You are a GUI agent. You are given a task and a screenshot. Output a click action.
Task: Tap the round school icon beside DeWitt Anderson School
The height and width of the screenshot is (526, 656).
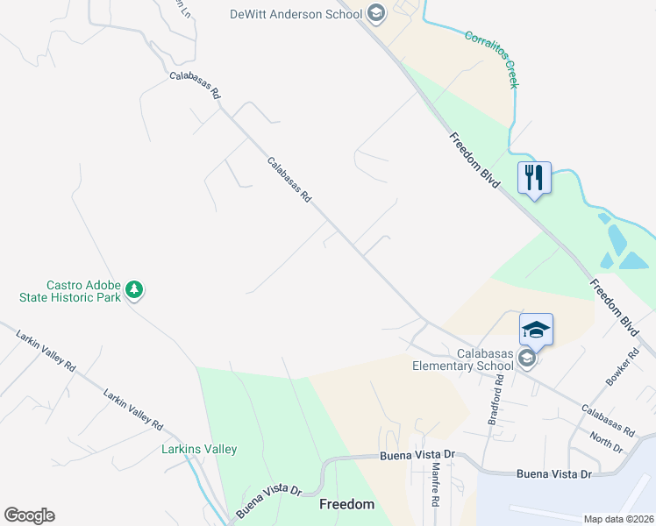pos(375,12)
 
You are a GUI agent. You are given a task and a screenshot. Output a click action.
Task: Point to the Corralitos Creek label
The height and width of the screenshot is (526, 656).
pos(492,60)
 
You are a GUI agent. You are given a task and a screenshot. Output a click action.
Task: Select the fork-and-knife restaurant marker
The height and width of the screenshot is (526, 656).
pos(534,179)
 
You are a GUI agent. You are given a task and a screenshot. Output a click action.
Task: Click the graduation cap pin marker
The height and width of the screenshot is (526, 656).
pos(536,331)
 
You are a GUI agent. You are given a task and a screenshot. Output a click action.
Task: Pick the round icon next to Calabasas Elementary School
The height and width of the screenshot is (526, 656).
pos(526,359)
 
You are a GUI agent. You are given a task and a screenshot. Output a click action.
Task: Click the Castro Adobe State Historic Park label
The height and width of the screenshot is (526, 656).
pos(70,291)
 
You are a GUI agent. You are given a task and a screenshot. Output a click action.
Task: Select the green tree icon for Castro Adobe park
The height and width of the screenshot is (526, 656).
pos(133,288)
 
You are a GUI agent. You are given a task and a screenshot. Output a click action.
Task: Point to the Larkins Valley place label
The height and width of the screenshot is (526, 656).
pos(187,450)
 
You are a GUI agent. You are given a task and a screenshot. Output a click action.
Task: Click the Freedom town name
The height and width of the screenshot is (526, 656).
pos(346,504)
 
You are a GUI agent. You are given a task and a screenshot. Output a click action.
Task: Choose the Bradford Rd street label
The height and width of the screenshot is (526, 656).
pos(496,399)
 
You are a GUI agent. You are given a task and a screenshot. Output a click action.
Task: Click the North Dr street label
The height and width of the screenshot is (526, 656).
pos(606,443)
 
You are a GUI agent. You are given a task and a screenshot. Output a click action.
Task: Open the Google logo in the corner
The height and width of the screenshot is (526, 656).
pos(29,515)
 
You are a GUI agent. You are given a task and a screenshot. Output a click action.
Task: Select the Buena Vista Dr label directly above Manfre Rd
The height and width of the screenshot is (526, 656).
pos(419,456)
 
